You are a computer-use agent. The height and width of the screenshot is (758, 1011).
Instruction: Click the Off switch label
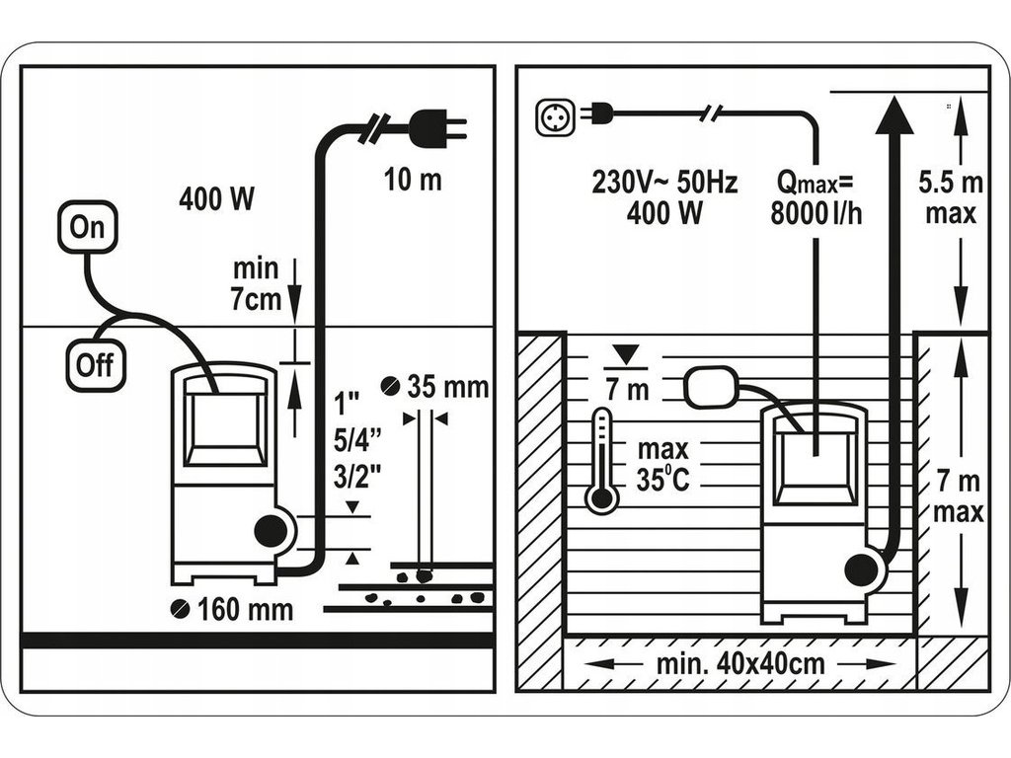96,365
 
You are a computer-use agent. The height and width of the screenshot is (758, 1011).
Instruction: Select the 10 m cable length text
412,181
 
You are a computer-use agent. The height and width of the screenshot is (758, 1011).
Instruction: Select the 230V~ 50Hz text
663,185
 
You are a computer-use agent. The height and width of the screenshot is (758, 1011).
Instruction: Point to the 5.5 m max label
951,197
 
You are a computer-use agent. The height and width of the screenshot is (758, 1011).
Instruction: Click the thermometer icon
600,463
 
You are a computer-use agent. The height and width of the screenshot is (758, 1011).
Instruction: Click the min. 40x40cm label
740,663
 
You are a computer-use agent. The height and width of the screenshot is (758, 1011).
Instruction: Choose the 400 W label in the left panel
216,199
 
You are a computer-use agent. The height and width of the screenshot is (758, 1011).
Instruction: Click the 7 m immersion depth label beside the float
629,390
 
